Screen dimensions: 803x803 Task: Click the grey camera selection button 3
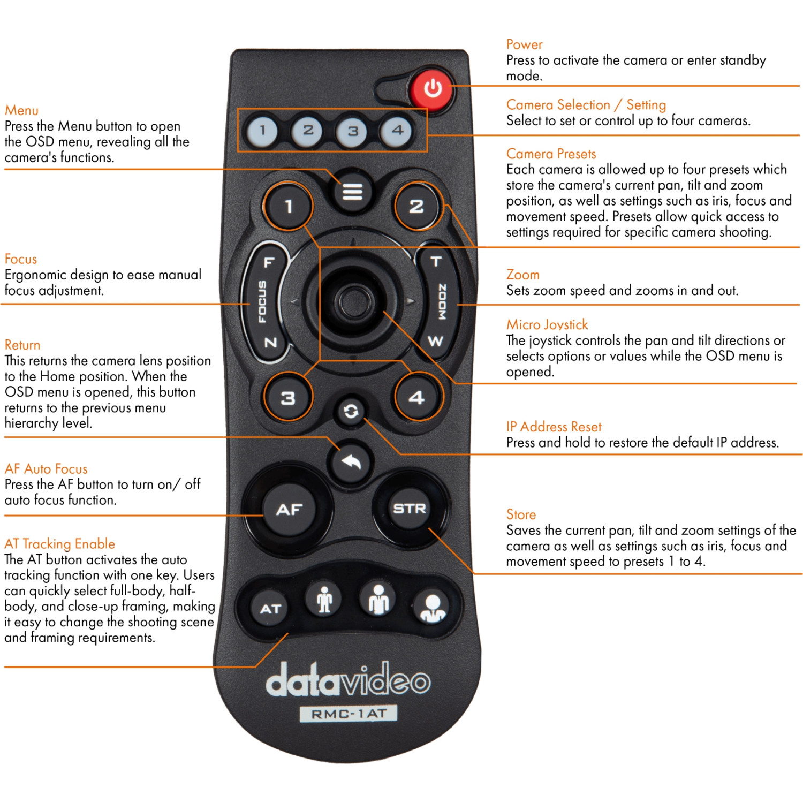point(352,131)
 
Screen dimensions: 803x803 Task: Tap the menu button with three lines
point(352,191)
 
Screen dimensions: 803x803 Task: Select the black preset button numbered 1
point(289,206)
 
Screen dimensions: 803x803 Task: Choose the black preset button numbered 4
point(417,397)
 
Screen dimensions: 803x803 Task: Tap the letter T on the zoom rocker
point(436,262)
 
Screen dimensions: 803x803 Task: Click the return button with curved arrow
point(351,461)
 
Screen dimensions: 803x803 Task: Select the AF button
point(290,509)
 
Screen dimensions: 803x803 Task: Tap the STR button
point(410,508)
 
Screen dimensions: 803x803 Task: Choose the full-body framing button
point(324,599)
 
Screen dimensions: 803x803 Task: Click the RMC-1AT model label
point(349,714)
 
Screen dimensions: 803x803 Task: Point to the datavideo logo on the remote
point(348,681)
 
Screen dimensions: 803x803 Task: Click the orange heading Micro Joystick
point(547,324)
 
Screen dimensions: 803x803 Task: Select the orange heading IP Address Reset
point(554,427)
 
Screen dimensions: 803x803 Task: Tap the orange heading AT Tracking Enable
point(59,544)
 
